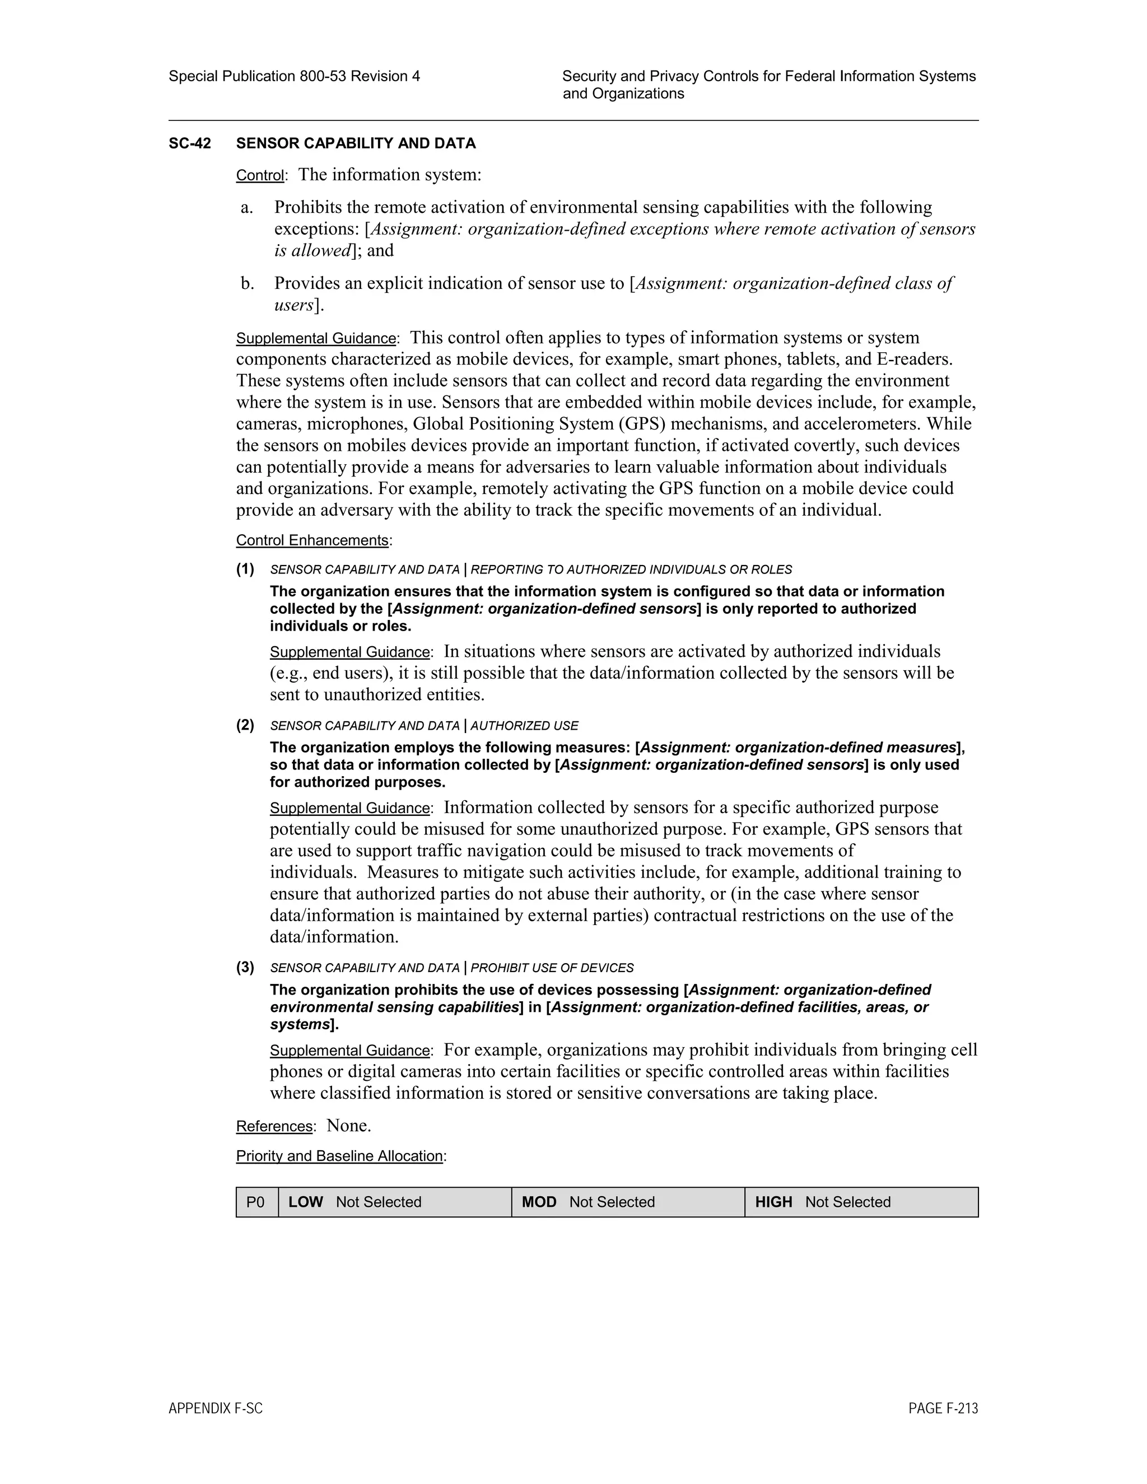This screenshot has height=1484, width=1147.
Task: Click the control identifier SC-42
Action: (190, 143)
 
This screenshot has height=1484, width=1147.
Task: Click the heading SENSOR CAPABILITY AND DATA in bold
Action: (356, 143)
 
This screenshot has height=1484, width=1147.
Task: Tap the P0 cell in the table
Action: (256, 1202)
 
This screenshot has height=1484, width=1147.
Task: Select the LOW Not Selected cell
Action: (394, 1202)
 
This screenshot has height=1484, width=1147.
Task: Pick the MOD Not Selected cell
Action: (627, 1202)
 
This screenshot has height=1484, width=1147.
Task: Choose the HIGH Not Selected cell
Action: (861, 1202)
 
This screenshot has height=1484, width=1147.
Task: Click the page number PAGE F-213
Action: (943, 1408)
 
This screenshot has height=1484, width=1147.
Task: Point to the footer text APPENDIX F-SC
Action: (216, 1408)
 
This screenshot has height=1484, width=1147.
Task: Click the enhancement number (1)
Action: (245, 569)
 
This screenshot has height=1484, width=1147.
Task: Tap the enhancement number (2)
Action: (245, 725)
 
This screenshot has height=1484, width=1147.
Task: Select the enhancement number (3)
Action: (245, 967)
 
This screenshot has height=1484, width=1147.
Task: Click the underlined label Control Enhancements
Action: (312, 540)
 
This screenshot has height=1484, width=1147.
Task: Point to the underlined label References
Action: (274, 1126)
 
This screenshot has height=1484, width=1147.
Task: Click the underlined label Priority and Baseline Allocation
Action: (339, 1156)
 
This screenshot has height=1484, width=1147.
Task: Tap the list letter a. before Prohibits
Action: (246, 207)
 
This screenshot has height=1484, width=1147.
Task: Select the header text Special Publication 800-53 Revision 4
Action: (294, 76)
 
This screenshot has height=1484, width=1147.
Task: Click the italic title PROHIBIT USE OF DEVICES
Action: (552, 968)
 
